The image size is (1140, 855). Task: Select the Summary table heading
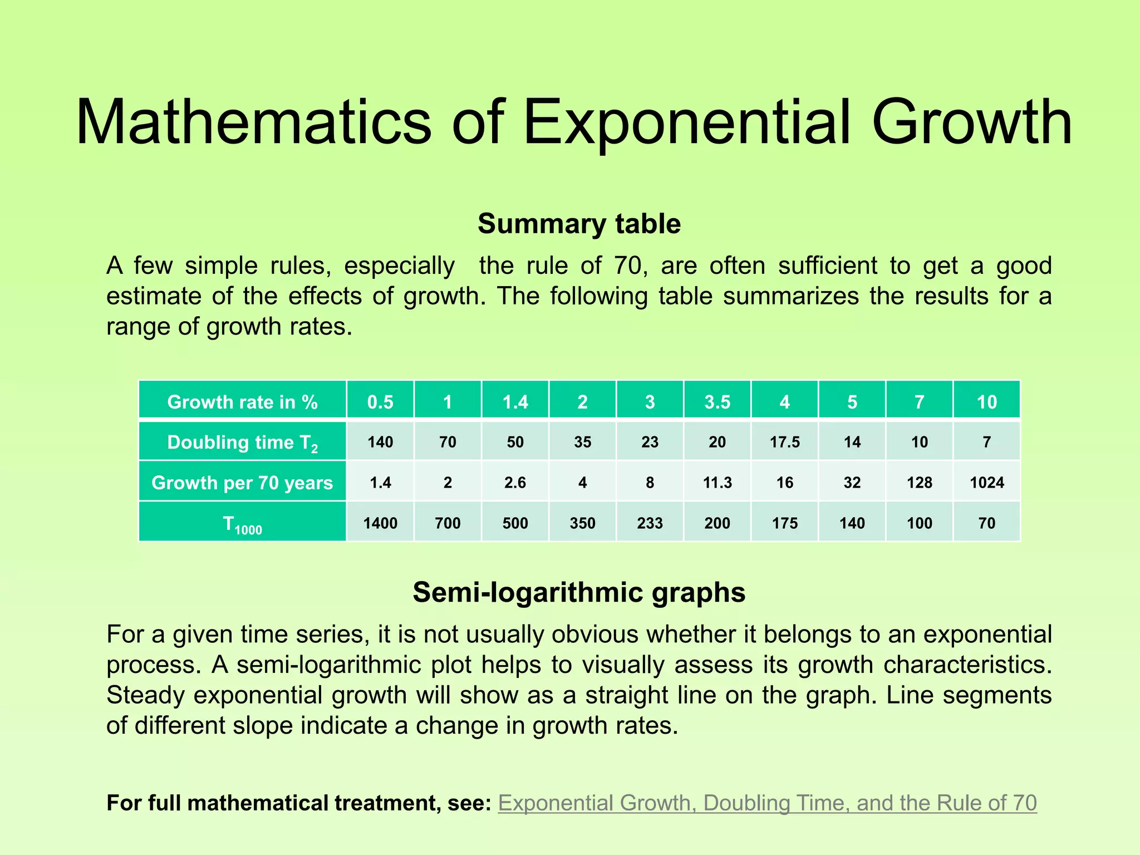[579, 224]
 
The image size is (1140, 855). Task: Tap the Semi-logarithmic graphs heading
[579, 592]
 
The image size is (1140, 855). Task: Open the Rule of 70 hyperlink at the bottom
[767, 803]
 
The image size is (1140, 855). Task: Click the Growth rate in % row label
[242, 402]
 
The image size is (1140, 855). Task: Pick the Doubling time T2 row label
[242, 443]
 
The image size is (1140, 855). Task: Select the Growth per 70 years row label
[242, 483]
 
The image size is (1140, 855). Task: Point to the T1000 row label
[242, 524]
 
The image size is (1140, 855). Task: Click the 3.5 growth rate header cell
[717, 402]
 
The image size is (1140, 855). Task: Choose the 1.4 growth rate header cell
[515, 402]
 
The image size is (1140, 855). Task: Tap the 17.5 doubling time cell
[784, 442]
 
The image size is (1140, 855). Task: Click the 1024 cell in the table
[986, 483]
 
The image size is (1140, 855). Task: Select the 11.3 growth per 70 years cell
[717, 483]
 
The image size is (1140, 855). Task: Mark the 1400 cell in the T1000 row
[380, 523]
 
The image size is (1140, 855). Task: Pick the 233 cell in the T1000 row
[650, 523]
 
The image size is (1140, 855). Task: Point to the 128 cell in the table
[919, 483]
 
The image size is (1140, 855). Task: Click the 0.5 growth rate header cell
[380, 402]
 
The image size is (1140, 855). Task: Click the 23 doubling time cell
[650, 442]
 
